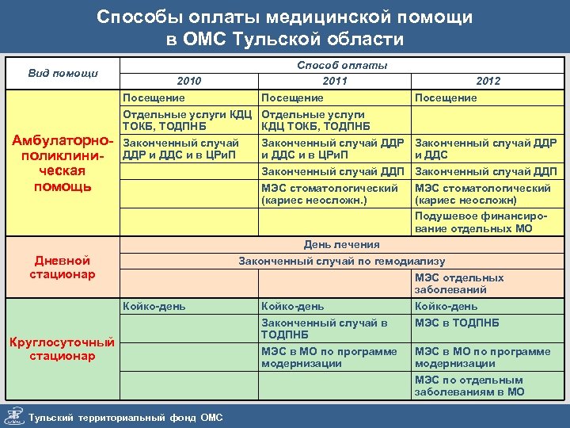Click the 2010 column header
tap(189, 81)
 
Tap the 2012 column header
tap(488, 81)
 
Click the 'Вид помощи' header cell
tap(63, 73)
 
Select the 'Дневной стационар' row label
tap(63, 267)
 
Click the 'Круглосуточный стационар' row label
tap(63, 349)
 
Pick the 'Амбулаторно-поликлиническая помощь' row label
tap(63, 163)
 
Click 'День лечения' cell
tap(341, 245)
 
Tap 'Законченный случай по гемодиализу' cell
tap(341, 261)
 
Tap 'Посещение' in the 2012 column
tap(446, 97)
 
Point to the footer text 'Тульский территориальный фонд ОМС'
tap(125, 418)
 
